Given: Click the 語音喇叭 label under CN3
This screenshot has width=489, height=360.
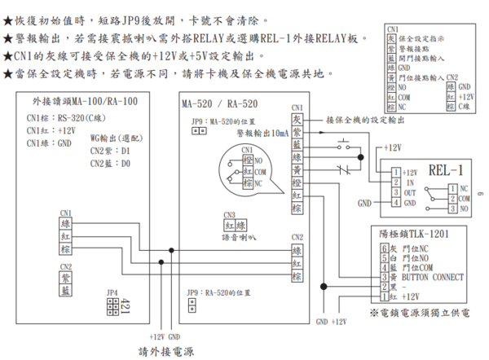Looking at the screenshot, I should click(x=237, y=237).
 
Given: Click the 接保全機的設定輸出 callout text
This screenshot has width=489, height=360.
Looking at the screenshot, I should click(x=365, y=120).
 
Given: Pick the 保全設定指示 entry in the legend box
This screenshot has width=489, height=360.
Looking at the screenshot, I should click(x=416, y=37).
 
